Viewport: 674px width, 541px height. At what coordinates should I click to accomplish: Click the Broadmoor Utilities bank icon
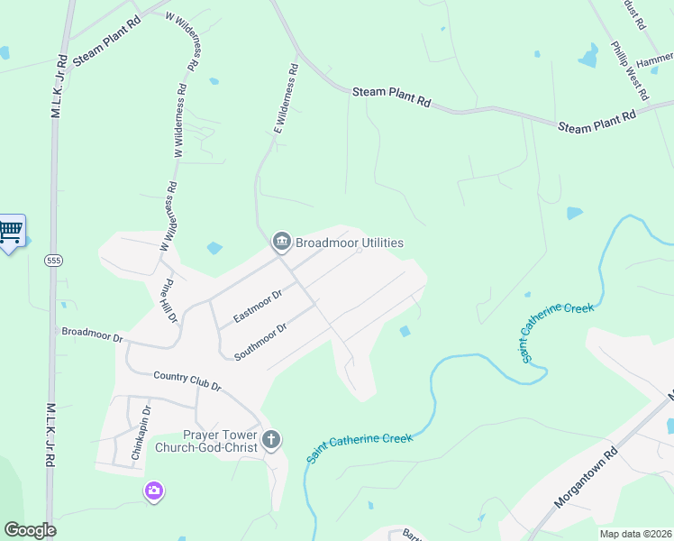pos(280,243)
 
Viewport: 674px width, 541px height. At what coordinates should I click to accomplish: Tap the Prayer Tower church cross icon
pos(271,440)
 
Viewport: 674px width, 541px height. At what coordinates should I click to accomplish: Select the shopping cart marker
pos(11,232)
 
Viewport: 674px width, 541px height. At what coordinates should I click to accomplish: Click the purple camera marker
pos(154,491)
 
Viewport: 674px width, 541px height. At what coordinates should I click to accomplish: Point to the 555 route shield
pos(53,260)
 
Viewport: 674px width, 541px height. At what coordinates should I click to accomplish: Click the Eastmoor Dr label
pos(258,306)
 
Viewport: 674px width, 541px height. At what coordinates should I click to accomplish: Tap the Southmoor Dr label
pos(260,341)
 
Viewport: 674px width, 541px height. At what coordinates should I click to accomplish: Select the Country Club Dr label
pos(187,381)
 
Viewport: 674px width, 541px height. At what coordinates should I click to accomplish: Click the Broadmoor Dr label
pos(91,335)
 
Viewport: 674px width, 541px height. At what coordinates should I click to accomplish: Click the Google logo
pos(30,530)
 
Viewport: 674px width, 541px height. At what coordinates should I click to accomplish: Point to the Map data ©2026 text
pos(635,534)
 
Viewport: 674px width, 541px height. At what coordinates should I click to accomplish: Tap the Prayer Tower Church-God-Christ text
pos(207,440)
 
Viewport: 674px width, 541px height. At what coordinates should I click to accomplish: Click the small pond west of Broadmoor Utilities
pos(214,248)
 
